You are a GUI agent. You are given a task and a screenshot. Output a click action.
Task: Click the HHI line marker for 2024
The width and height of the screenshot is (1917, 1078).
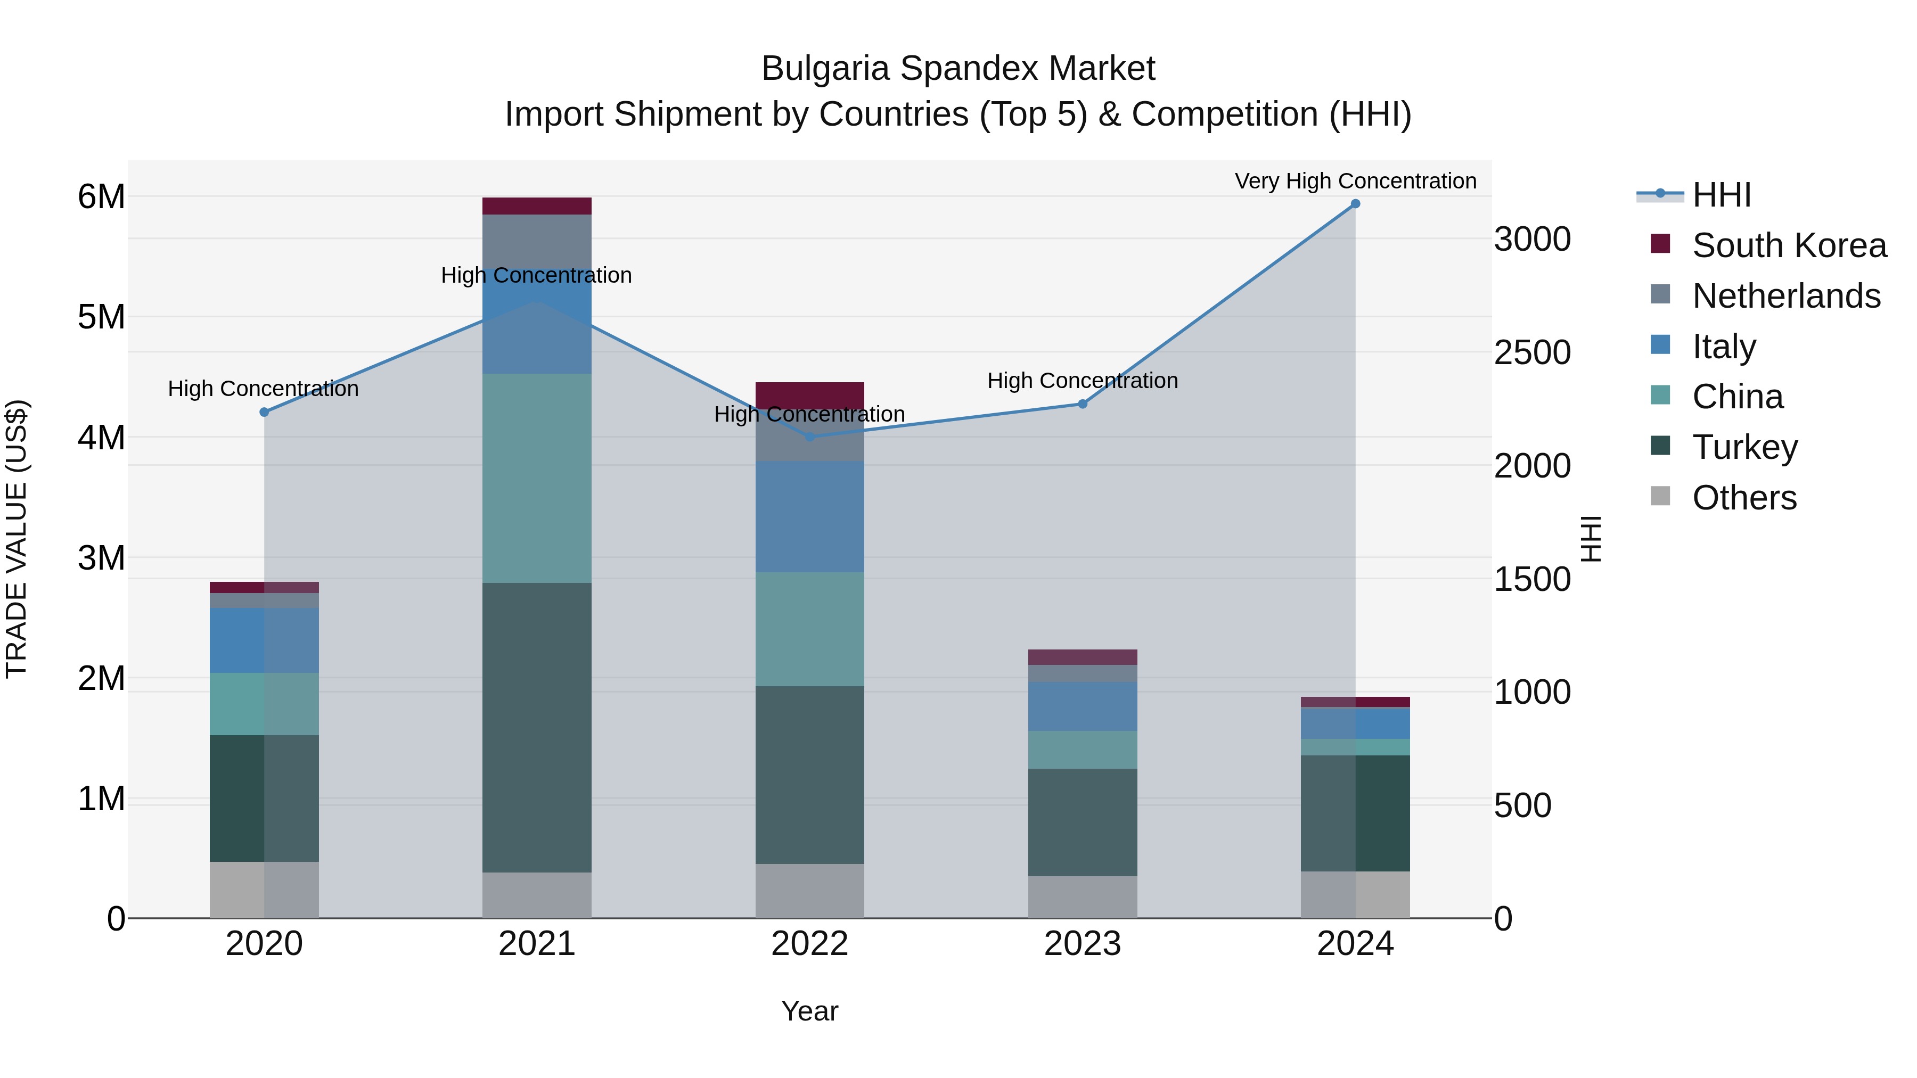click(x=1355, y=204)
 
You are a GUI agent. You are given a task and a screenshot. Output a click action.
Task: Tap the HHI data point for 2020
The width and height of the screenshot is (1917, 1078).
click(x=264, y=412)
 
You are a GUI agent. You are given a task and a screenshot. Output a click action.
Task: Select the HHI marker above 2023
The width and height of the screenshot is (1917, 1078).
click(x=1083, y=404)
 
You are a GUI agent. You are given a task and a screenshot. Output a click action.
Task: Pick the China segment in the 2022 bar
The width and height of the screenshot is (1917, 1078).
click(x=809, y=629)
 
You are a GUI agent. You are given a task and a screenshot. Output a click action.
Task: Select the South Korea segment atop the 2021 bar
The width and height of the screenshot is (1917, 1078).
click(x=537, y=206)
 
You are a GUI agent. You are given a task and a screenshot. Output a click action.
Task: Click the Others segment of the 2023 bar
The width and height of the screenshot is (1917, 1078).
click(x=1083, y=896)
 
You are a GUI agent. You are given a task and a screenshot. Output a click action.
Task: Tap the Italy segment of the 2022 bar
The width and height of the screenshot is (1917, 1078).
click(x=809, y=516)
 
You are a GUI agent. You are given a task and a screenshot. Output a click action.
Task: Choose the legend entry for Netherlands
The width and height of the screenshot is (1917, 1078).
click(x=1786, y=296)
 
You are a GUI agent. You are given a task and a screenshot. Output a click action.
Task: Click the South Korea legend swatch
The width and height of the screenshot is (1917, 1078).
click(x=1660, y=244)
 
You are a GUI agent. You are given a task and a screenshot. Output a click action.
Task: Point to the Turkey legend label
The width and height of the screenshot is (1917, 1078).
click(x=1744, y=447)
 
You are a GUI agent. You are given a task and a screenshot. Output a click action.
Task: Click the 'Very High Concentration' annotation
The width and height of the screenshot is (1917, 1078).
click(x=1355, y=181)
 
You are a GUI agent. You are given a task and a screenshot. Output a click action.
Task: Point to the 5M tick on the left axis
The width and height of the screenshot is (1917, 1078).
click(x=101, y=317)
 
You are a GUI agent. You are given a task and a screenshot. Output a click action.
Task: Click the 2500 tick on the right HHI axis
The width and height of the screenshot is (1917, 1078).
click(x=1531, y=352)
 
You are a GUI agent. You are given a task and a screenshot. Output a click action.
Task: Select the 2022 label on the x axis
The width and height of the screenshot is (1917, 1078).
click(x=809, y=944)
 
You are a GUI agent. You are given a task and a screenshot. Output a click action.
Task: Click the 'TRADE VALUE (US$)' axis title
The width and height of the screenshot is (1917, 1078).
click(x=17, y=539)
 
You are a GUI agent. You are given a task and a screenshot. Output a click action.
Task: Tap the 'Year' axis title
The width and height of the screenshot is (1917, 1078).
click(x=809, y=1011)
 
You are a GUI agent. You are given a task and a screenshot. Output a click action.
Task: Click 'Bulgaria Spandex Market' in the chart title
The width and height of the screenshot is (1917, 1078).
click(x=958, y=69)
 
